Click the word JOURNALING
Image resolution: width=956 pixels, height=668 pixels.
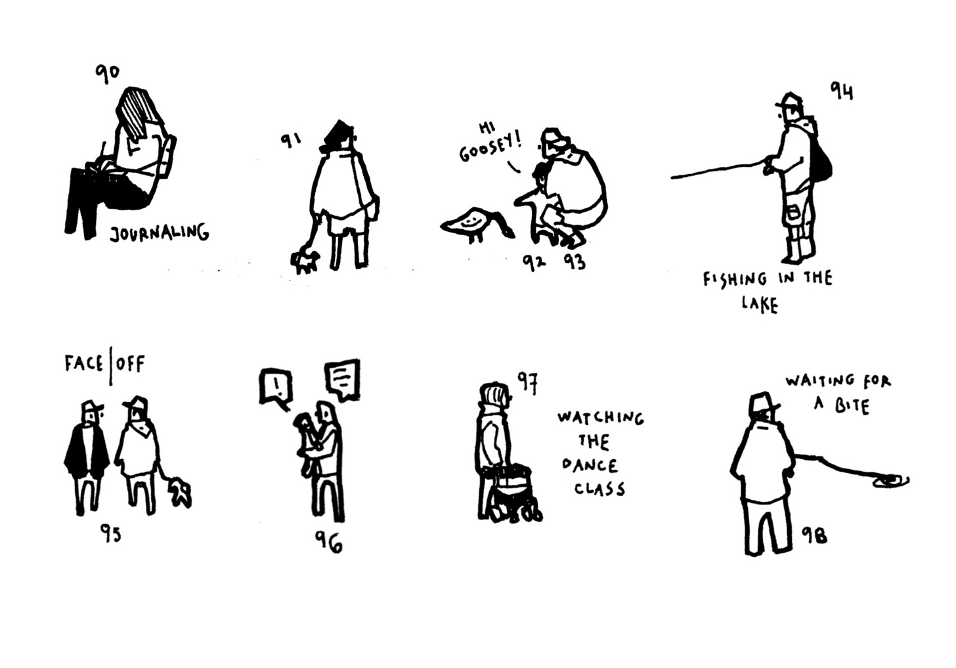[160, 233]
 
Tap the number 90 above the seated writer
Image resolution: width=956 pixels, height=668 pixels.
[107, 76]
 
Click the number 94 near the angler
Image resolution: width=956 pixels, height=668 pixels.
[841, 91]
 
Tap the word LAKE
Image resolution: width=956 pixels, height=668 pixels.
[759, 304]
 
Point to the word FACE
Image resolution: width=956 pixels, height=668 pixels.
[83, 364]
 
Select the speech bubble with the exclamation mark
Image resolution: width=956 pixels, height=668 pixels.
[276, 388]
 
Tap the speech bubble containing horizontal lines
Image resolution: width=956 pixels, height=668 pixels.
[342, 380]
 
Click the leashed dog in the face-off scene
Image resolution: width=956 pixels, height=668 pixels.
[180, 493]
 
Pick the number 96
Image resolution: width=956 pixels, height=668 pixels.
[328, 541]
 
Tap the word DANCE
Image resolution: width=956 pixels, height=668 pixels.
[590, 465]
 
